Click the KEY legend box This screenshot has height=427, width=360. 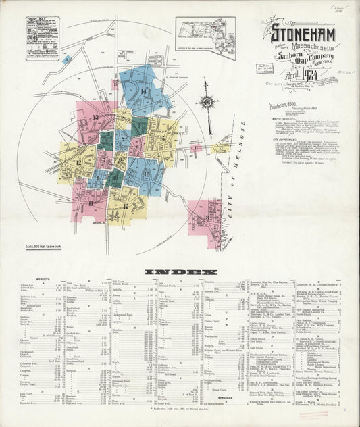point(42,39)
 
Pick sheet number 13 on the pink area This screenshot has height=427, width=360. point(95,118)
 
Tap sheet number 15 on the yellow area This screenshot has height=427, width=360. point(161,138)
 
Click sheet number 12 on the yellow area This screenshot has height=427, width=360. point(78,163)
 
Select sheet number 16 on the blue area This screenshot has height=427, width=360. point(147,174)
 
